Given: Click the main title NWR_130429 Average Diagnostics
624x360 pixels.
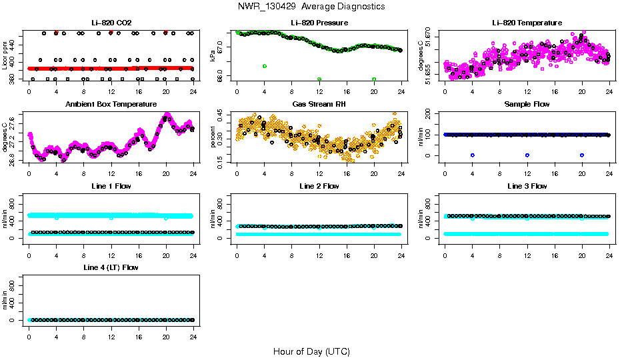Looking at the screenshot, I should tap(311, 7).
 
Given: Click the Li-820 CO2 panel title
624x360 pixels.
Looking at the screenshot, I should tap(111, 23).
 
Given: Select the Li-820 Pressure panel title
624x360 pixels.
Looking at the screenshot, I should tap(319, 23).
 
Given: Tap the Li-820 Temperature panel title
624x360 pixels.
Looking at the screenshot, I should tap(527, 23).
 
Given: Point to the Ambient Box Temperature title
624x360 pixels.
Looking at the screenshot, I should tap(111, 105).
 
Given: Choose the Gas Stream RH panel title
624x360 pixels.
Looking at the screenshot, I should tap(319, 105).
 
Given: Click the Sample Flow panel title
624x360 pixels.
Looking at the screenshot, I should tap(527, 105).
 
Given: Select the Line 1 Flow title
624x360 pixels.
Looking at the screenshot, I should tap(111, 186).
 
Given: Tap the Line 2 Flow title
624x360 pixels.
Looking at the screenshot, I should tap(319, 186).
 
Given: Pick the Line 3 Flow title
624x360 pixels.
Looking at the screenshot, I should tap(527, 186).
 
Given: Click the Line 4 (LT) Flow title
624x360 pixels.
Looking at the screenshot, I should tap(111, 267).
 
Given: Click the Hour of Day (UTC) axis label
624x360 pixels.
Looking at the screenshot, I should tap(311, 351).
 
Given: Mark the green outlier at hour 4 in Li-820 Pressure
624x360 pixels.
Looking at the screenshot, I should tap(265, 66).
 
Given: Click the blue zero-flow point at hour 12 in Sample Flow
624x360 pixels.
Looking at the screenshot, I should tap(527, 155).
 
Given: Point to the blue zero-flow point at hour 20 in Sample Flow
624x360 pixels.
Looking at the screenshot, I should tap(582, 155).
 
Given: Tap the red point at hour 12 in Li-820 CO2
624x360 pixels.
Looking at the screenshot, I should tap(111, 32).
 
